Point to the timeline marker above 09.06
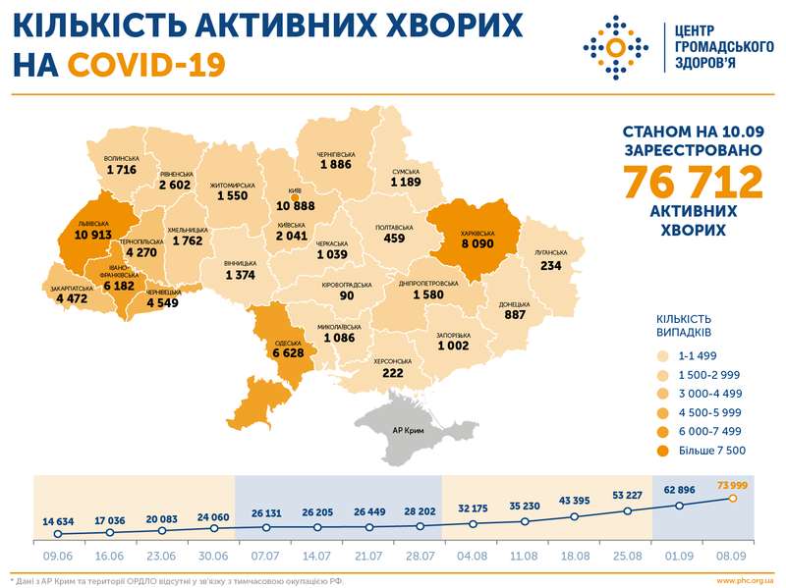(58, 534)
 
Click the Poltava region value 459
(395, 237)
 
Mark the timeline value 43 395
(575, 502)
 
